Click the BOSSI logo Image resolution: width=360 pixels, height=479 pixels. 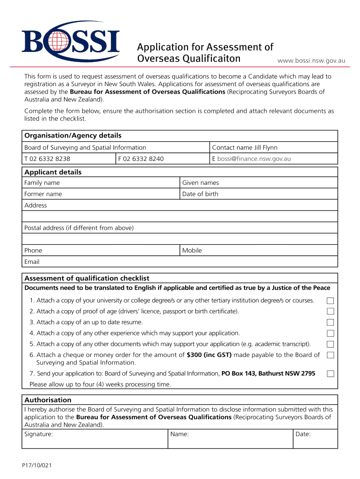pyautogui.click(x=70, y=42)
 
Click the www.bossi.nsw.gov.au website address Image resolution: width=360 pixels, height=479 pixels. pyautogui.click(x=311, y=60)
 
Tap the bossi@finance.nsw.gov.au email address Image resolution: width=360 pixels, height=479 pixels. pyautogui.click(x=254, y=159)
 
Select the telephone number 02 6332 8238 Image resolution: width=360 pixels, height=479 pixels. pyautogui.click(x=50, y=159)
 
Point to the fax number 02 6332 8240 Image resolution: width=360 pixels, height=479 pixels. pyautogui.click(x=144, y=159)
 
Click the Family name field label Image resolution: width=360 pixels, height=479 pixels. pyautogui.click(x=42, y=183)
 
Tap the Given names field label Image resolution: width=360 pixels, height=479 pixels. pyautogui.click(x=201, y=183)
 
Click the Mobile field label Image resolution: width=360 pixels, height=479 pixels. pyautogui.click(x=192, y=251)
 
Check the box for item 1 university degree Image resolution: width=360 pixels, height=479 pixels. pyautogui.click(x=331, y=300)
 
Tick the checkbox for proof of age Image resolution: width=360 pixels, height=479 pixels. pyautogui.click(x=331, y=311)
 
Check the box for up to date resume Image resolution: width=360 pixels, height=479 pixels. pyautogui.click(x=331, y=322)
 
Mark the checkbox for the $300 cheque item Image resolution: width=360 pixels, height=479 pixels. pyautogui.click(x=331, y=355)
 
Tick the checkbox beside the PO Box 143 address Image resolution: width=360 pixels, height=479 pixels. pyautogui.click(x=331, y=374)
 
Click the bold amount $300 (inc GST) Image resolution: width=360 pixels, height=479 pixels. pyautogui.click(x=209, y=355)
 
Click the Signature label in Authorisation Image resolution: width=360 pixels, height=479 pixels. pyautogui.click(x=38, y=434)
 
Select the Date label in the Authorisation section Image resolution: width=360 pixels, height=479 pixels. pyautogui.click(x=303, y=434)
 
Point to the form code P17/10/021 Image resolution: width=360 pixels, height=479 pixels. pyautogui.click(x=36, y=465)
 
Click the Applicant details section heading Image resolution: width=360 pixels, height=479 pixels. pyautogui.click(x=53, y=172)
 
